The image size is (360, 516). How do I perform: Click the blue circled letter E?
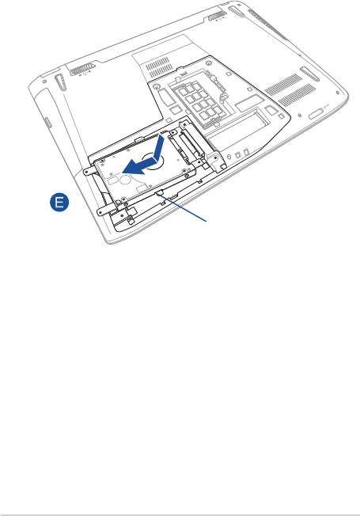point(59,203)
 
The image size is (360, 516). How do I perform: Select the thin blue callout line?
point(182,208)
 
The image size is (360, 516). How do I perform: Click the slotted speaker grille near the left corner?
point(82,69)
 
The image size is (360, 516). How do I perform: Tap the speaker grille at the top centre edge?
point(217,15)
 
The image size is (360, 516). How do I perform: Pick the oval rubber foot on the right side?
point(309,74)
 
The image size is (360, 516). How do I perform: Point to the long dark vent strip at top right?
point(267,25)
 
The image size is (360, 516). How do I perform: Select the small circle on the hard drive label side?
point(125,179)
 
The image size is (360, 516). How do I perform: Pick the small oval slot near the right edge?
point(315,114)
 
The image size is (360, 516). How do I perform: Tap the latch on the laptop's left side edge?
point(47,122)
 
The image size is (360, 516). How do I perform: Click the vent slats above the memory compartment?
point(159,66)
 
